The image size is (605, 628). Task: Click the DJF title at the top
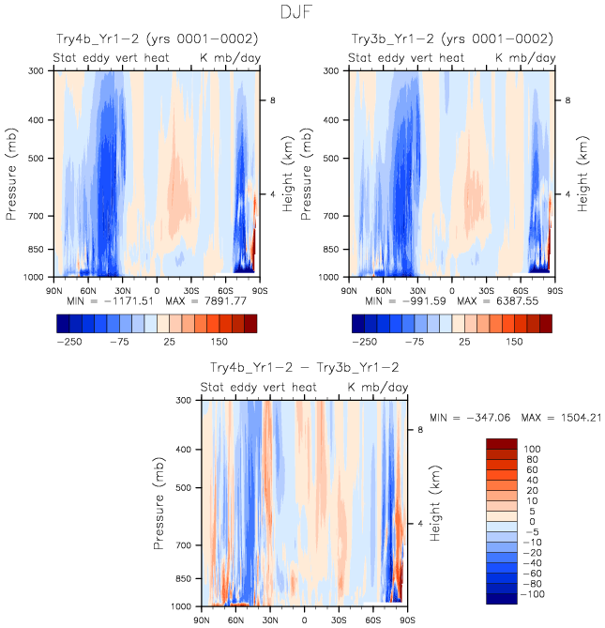(302, 13)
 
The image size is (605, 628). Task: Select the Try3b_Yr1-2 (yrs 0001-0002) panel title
(451, 39)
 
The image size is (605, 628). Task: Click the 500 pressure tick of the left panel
(37, 158)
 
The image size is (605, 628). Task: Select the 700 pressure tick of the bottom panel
(185, 545)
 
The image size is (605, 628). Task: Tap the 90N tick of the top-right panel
(349, 287)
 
